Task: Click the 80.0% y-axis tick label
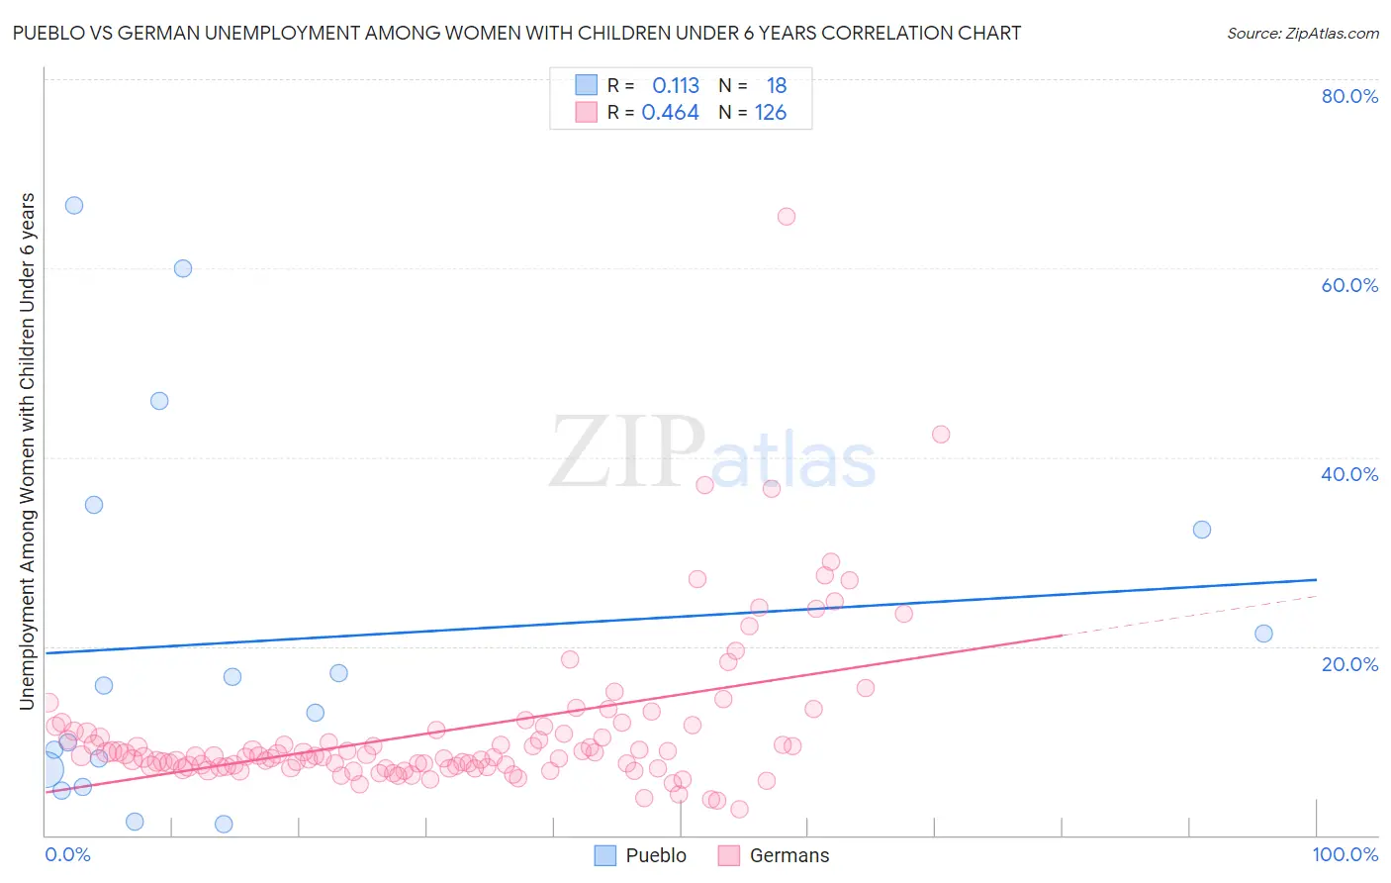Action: pyautogui.click(x=1349, y=96)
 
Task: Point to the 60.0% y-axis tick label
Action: pyautogui.click(x=1349, y=285)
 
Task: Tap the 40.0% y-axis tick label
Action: pyautogui.click(x=1349, y=474)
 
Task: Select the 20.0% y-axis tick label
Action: pyautogui.click(x=1349, y=664)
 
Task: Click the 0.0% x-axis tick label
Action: pyautogui.click(x=67, y=854)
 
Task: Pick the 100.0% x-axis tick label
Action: pyautogui.click(x=1345, y=854)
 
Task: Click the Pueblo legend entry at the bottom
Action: pyautogui.click(x=655, y=855)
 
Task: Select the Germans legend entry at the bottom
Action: pyautogui.click(x=788, y=855)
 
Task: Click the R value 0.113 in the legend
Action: pyautogui.click(x=676, y=86)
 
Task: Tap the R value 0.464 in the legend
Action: pyautogui.click(x=670, y=113)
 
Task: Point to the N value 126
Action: pyautogui.click(x=771, y=113)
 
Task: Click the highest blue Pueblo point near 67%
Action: pyautogui.click(x=74, y=206)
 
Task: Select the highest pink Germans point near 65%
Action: pyautogui.click(x=787, y=217)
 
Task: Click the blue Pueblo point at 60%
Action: pyautogui.click(x=183, y=268)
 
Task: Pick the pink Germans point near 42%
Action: pyautogui.click(x=941, y=435)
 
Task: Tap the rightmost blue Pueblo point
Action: pyautogui.click(x=1263, y=634)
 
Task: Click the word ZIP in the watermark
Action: pyautogui.click(x=626, y=453)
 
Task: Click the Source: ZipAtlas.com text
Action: pyautogui.click(x=1302, y=34)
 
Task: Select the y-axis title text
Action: pyautogui.click(x=28, y=451)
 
